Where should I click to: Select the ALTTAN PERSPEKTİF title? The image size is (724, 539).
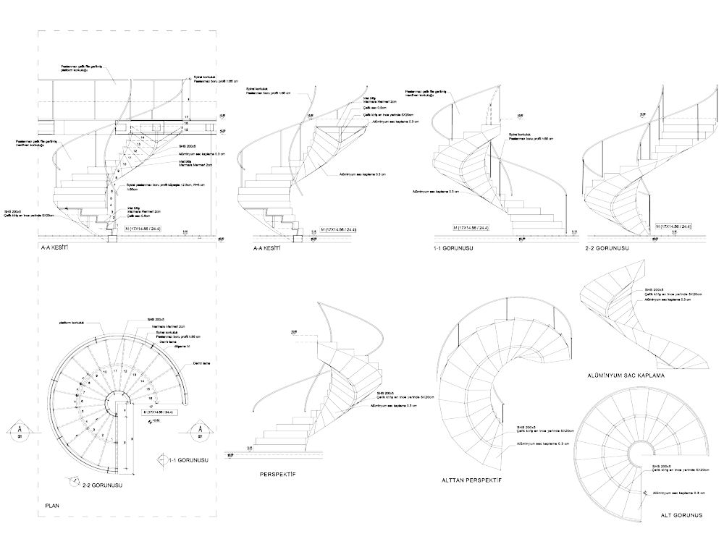471,480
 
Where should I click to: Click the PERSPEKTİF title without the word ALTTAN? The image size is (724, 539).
278,475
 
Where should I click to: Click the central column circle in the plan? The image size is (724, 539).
116,402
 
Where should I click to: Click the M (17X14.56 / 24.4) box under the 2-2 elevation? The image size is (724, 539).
675,226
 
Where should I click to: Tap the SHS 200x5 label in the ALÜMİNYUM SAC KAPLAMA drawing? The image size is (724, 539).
654,292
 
